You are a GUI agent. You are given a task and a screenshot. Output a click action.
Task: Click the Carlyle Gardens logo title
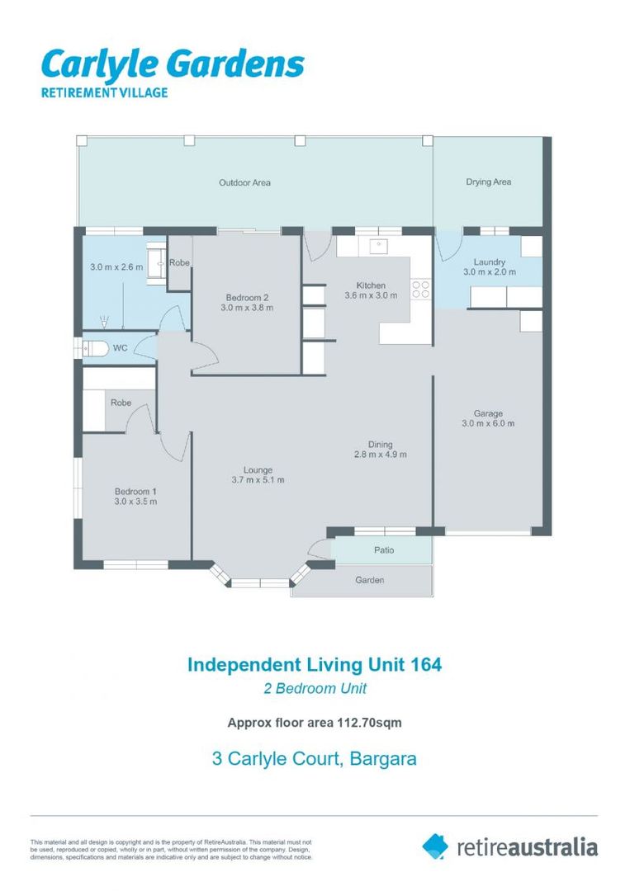[173, 64]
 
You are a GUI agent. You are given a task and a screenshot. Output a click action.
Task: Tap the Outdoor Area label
[244, 182]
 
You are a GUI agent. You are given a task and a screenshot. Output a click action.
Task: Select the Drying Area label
[489, 181]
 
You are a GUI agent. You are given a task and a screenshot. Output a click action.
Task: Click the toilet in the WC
[95, 348]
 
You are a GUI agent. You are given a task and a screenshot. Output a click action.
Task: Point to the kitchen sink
[378, 246]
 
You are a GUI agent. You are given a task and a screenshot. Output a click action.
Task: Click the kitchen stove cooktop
[421, 289]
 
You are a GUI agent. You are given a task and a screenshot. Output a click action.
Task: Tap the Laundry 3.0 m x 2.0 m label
[490, 267]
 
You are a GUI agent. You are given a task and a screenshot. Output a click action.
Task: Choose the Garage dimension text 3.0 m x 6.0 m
[488, 423]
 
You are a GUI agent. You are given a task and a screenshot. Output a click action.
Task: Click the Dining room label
[380, 445]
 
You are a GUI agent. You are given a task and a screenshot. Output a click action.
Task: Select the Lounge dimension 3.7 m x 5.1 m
[258, 479]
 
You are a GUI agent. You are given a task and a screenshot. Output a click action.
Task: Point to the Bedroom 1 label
[135, 492]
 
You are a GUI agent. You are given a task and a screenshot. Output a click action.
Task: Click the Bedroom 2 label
[247, 297]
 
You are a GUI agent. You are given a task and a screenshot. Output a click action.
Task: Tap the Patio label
[384, 550]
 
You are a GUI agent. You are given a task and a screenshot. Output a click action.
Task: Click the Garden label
[370, 580]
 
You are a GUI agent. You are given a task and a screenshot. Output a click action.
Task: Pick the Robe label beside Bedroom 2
[179, 262]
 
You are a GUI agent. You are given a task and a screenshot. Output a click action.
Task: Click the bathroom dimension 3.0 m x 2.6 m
[116, 266]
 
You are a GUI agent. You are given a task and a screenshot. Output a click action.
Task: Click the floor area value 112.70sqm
[370, 723]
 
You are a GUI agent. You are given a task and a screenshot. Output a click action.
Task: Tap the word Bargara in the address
[383, 759]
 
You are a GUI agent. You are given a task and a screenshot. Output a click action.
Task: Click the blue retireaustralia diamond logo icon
[435, 846]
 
